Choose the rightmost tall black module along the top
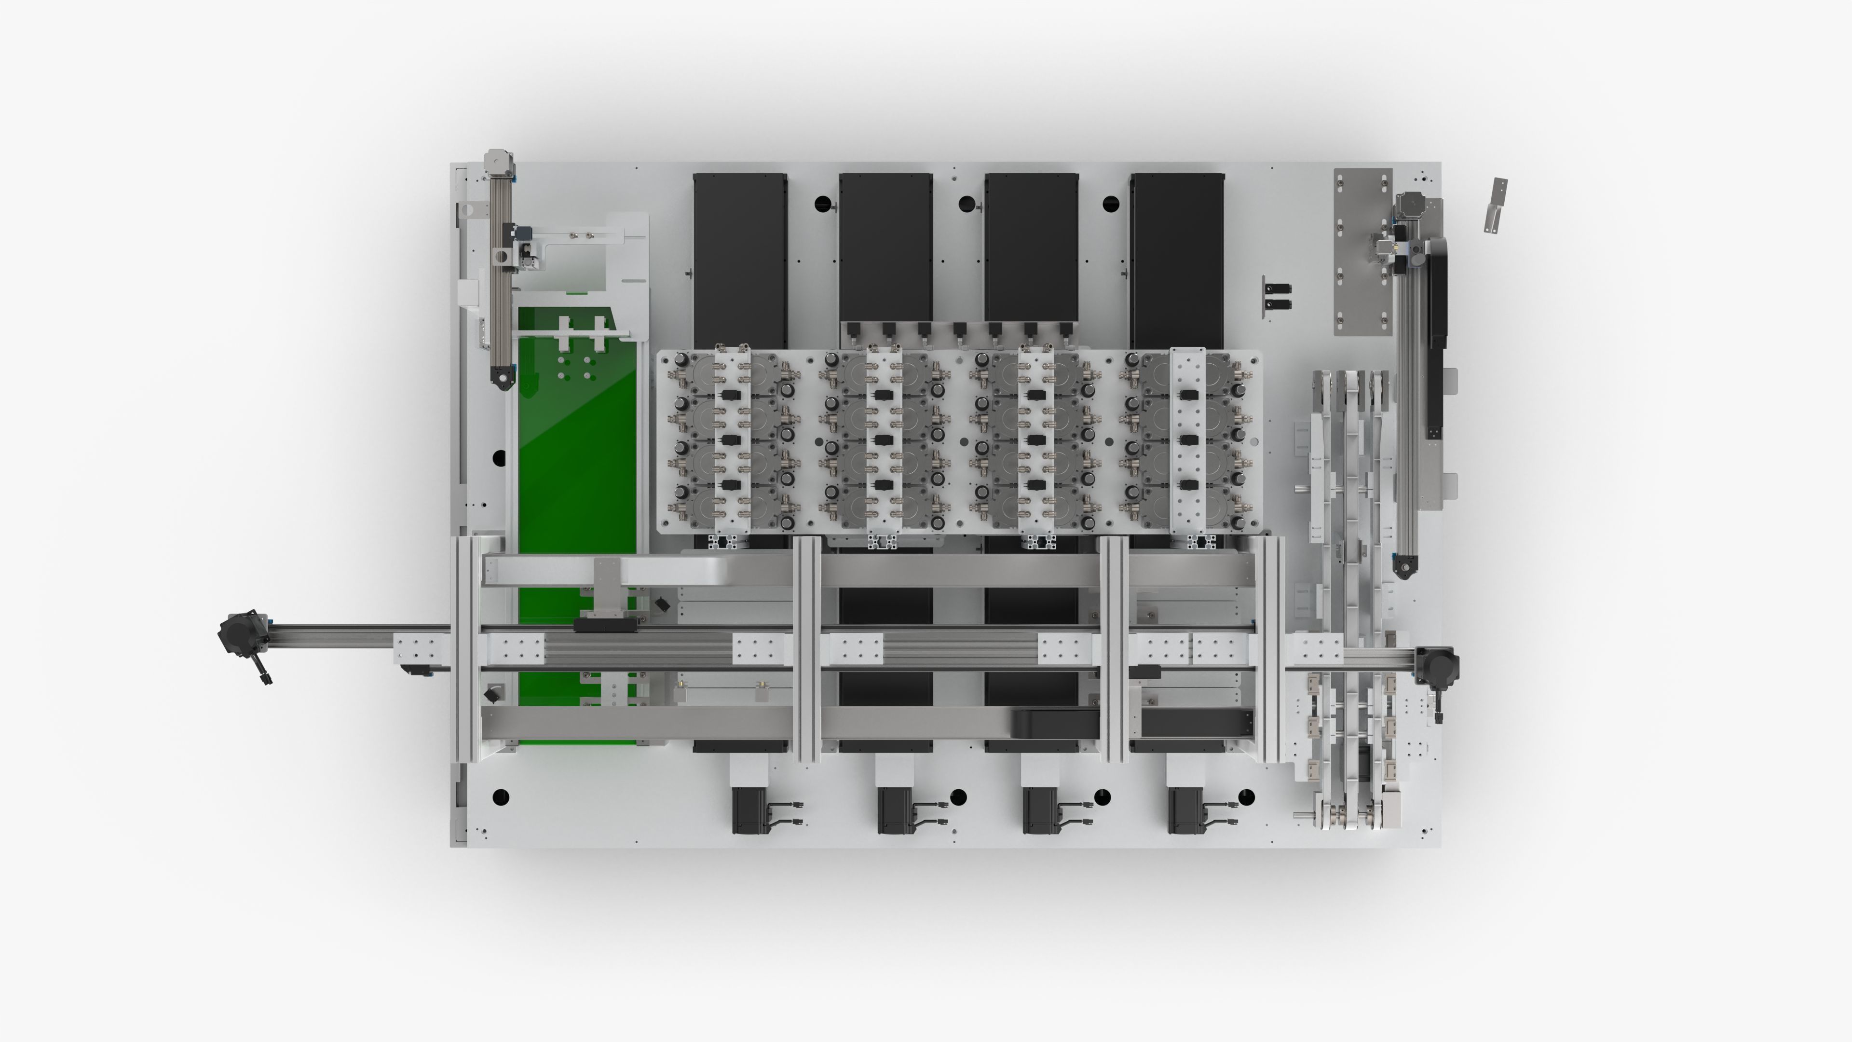tap(1177, 259)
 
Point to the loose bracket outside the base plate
tap(1496, 205)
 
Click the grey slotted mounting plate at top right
tap(1362, 252)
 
